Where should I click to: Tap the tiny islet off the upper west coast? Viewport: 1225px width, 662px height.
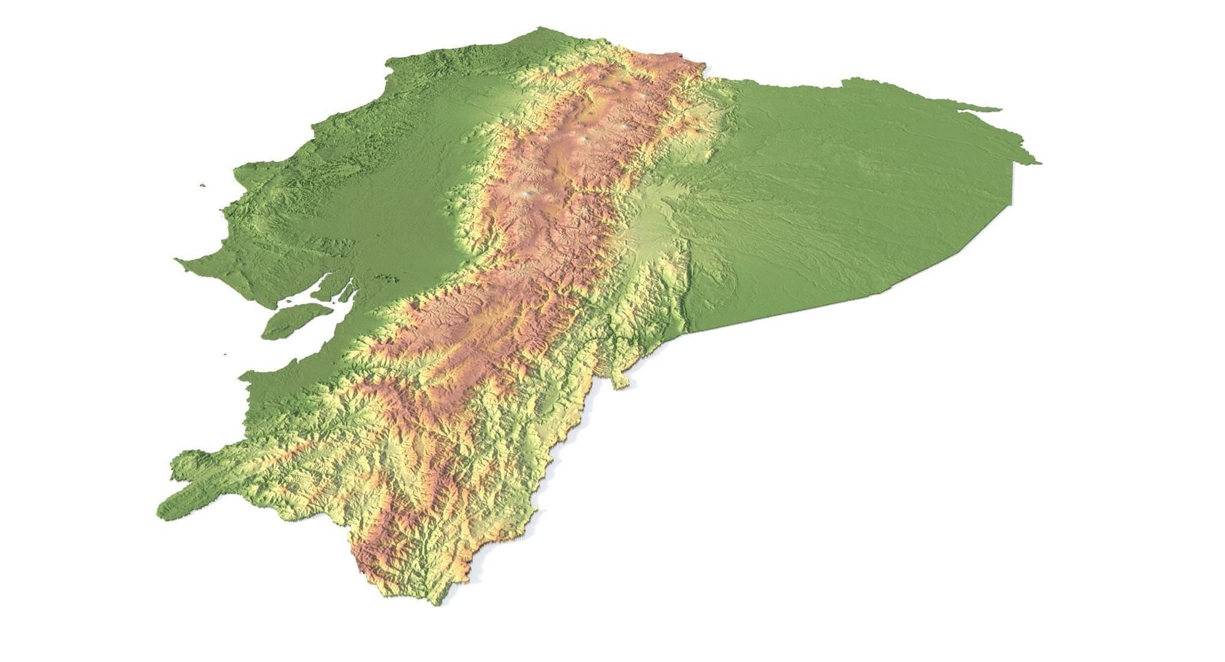point(202,185)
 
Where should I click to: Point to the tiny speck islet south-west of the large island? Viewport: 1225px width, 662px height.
point(225,354)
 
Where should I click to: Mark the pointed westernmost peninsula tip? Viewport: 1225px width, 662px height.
point(176,259)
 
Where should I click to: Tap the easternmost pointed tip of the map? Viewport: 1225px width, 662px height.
point(1039,163)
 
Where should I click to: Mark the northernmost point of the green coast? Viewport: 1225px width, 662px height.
point(539,28)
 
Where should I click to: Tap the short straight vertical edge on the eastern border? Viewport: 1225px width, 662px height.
point(1012,184)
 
